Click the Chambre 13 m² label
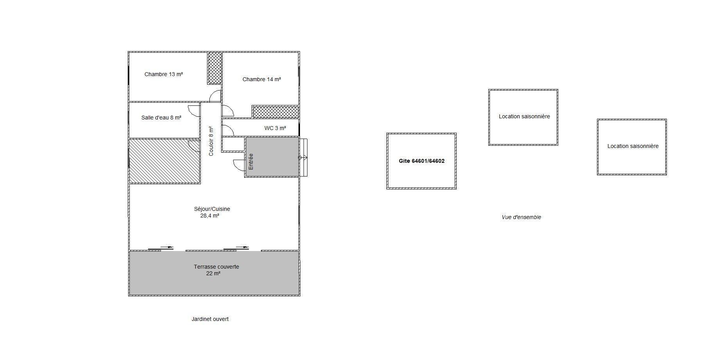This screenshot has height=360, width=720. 164,74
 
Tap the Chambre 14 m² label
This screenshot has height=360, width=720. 262,79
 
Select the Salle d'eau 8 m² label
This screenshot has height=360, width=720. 161,118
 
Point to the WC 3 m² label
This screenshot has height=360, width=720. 275,128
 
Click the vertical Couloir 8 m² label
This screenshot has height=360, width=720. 211,141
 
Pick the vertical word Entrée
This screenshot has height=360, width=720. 251,161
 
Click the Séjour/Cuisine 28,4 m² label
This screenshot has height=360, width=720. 212,212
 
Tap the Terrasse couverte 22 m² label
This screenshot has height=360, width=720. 216,270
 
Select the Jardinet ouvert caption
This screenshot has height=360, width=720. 210,319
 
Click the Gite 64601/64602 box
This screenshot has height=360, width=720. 422,161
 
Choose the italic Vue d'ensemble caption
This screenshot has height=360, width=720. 522,217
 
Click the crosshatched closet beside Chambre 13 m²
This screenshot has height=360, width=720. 214,68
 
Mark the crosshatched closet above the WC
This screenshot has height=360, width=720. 276,112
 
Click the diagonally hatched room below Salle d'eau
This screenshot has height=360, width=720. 164,161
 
